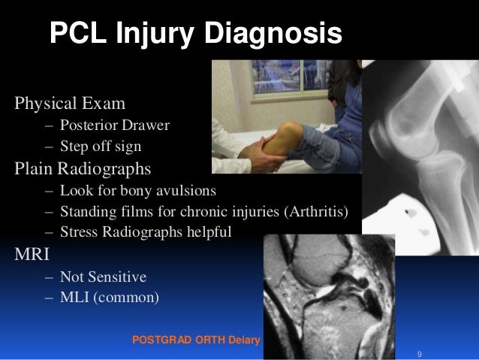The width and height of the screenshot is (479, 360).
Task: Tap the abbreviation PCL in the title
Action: click(x=78, y=34)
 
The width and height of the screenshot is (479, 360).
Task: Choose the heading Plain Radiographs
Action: click(x=82, y=167)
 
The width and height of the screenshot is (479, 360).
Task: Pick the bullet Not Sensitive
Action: click(x=104, y=276)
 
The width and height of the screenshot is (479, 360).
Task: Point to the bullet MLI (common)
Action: click(x=110, y=297)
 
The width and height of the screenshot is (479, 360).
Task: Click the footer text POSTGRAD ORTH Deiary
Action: click(x=194, y=340)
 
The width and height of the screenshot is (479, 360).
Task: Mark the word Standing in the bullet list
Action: click(x=86, y=210)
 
